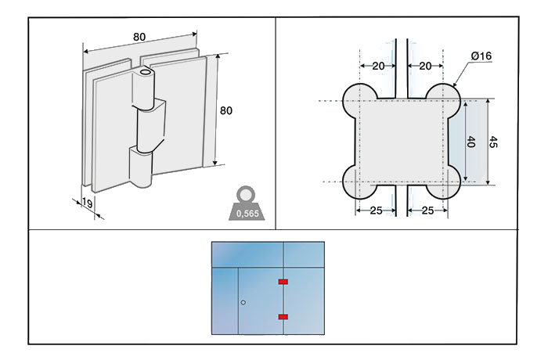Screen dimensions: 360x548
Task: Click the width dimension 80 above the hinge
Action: pyautogui.click(x=139, y=37)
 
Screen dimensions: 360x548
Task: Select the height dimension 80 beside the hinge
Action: pyautogui.click(x=225, y=111)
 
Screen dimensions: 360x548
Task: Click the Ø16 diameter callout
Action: pyautogui.click(x=481, y=56)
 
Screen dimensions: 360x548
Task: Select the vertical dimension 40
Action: pyautogui.click(x=470, y=142)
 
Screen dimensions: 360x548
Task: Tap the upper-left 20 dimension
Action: pyautogui.click(x=379, y=67)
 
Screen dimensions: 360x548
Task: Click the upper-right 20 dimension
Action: pyautogui.click(x=427, y=67)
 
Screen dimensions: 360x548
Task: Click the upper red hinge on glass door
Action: pyautogui.click(x=283, y=281)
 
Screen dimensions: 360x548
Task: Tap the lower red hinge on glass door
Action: pyautogui.click(x=283, y=316)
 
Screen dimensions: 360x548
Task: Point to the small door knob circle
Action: pyautogui.click(x=243, y=302)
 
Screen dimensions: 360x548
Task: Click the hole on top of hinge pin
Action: pyautogui.click(x=144, y=73)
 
